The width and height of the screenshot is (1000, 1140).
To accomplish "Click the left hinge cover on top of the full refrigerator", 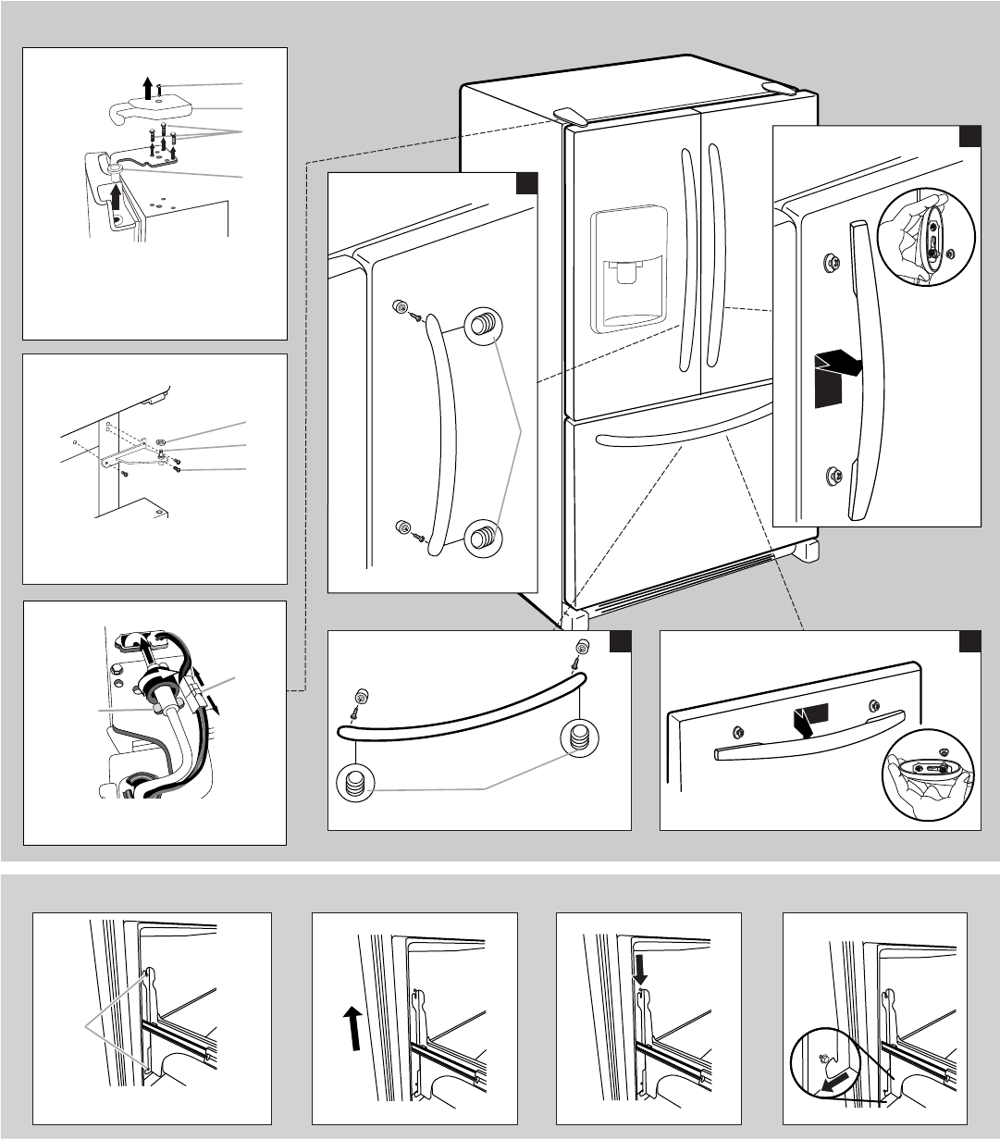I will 570,114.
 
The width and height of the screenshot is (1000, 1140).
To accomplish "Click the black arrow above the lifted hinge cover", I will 147,86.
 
